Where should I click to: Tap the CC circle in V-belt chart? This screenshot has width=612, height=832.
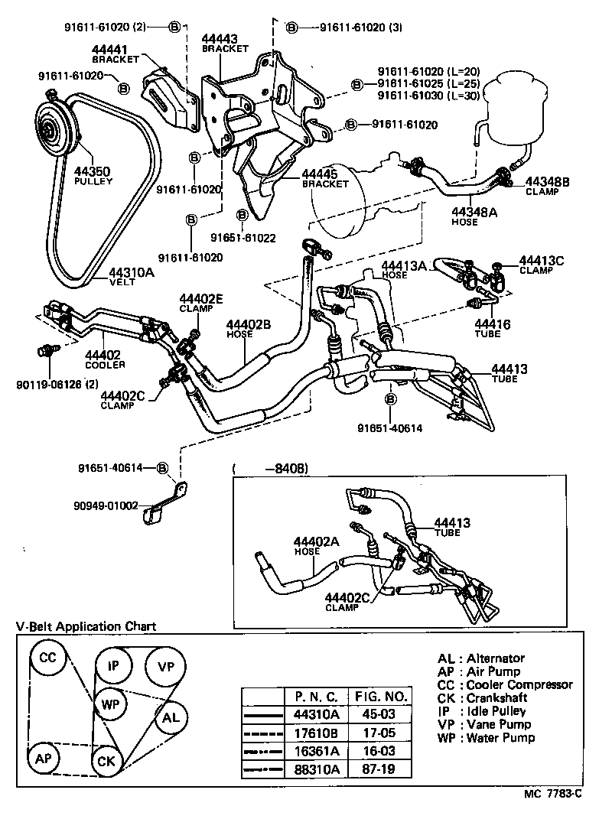click(47, 658)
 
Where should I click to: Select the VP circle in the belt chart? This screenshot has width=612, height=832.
click(165, 665)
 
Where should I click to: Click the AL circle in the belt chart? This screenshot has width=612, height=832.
click(171, 717)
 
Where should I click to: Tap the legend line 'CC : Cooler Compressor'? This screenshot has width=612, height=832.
click(504, 685)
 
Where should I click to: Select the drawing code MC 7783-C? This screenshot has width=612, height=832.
click(552, 814)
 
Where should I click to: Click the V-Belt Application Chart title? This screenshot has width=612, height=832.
click(86, 626)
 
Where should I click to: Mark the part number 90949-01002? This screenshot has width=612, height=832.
click(106, 505)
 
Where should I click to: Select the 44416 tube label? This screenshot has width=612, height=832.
click(487, 328)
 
